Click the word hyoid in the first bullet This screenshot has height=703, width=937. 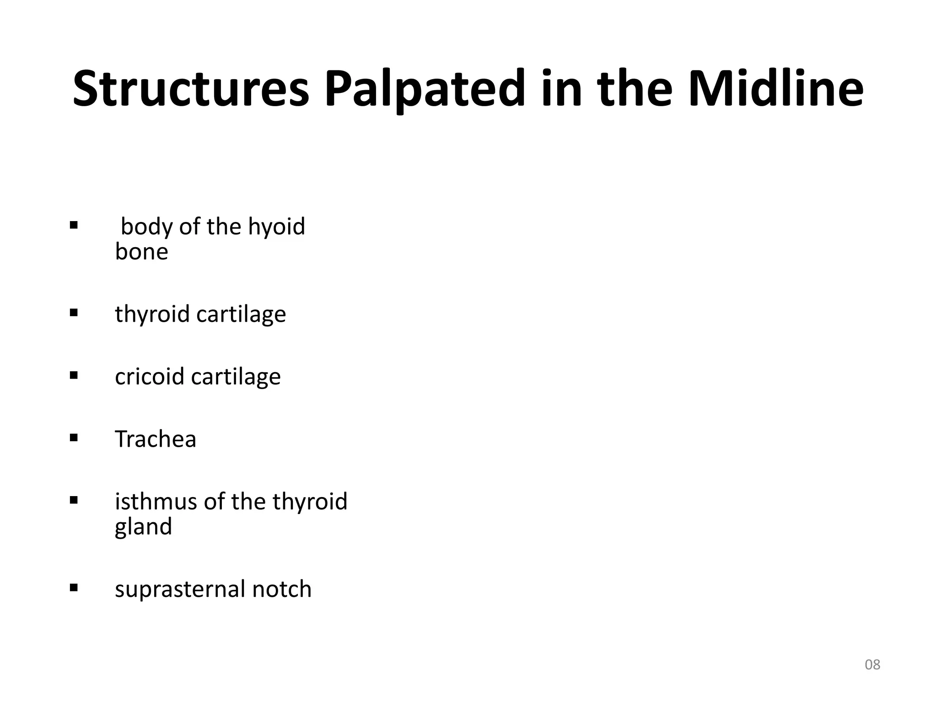pos(276,227)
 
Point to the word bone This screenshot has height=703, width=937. pos(141,252)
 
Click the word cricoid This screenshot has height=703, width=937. pos(150,377)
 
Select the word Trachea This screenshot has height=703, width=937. pos(156,439)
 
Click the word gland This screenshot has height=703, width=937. pos(143,527)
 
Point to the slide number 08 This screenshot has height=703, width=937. pos(872,665)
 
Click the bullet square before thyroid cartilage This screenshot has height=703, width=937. pos(74,313)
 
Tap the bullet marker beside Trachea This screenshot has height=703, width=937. pos(74,438)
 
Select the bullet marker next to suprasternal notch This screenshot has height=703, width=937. pos(74,588)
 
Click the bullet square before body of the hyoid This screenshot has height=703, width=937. pos(74,225)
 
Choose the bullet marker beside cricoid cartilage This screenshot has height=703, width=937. pos(74,376)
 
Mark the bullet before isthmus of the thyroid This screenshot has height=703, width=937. pos(74,500)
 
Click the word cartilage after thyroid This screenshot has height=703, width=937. pos(241,314)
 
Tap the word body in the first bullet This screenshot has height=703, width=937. pos(147,227)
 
